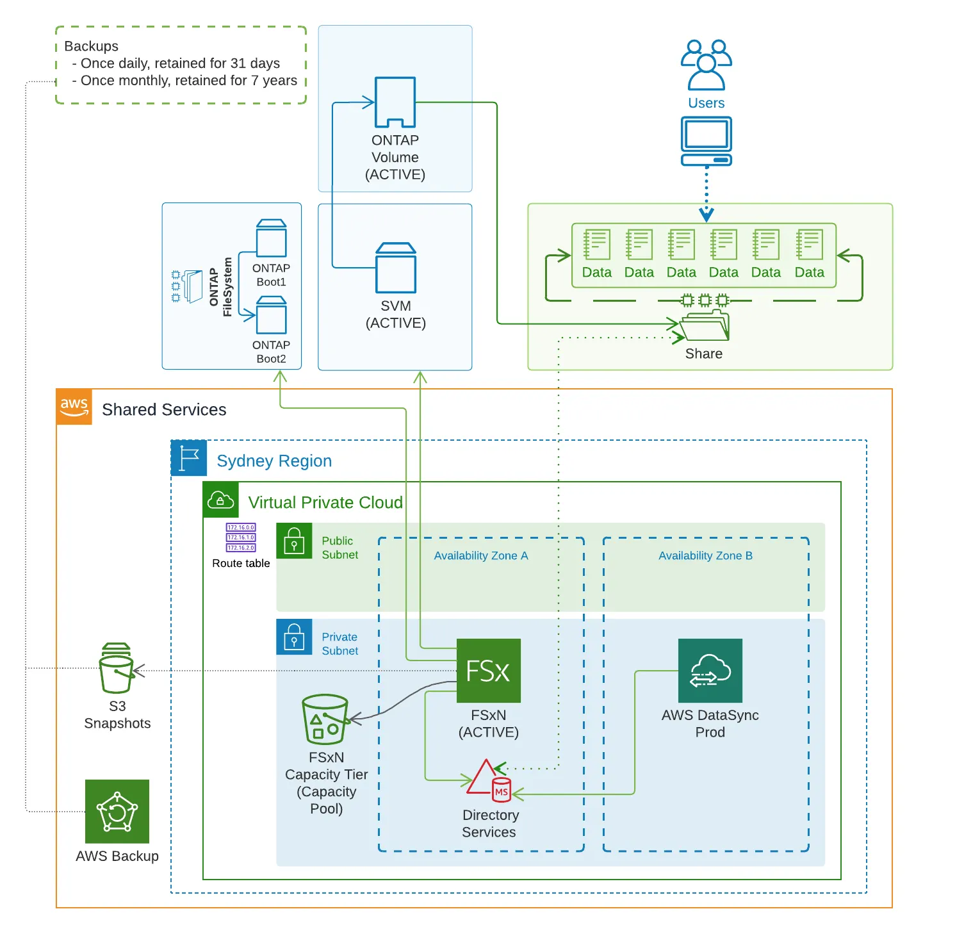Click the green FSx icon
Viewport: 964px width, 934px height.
488,670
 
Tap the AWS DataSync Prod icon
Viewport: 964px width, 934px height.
710,670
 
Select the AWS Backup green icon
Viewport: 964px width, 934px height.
117,811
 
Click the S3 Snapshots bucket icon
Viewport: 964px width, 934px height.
117,669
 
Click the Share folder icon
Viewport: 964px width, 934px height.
704,325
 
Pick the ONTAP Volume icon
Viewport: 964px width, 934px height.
395,102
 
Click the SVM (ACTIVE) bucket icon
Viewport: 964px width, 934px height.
396,268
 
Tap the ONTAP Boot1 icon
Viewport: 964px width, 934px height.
271,238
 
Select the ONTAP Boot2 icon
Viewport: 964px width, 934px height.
271,315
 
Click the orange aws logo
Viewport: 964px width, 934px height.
74,407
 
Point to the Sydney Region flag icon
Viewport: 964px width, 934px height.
189,458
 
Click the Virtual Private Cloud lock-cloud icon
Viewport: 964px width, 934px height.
220,500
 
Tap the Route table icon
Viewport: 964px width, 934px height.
241,537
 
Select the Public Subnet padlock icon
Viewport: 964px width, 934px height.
294,541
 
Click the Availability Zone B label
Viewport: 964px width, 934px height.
705,555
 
